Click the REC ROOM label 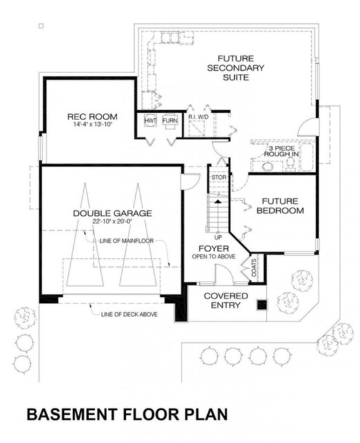click(93, 116)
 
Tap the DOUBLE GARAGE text click(112, 213)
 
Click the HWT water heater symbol click(151, 120)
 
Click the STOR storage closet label click(219, 178)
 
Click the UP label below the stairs click(219, 238)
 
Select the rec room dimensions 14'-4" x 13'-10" click(93, 125)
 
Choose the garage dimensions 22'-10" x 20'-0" click(112, 221)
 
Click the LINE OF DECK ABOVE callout click(129, 314)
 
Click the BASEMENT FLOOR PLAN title click(118, 414)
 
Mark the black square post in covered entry click(262, 305)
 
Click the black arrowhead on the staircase click(218, 202)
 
